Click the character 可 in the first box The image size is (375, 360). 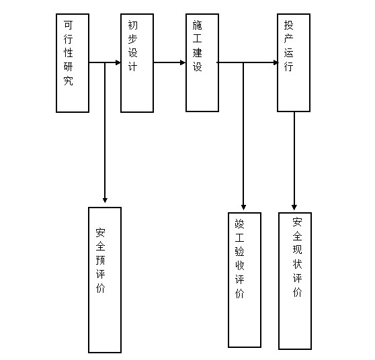[x=68, y=25]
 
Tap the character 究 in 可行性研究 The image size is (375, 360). [x=68, y=81]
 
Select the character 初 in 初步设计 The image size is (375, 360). [x=133, y=25]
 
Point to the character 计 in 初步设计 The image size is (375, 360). [x=133, y=66]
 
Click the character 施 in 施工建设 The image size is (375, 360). [x=198, y=25]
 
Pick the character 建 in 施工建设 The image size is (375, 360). [x=198, y=53]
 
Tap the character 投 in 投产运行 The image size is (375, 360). [x=289, y=25]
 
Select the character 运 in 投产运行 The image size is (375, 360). [x=289, y=53]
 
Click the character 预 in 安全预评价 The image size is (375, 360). [x=100, y=261]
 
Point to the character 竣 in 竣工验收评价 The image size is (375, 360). [x=240, y=224]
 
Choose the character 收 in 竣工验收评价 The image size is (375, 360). [x=240, y=265]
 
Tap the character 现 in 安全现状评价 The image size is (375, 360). [x=297, y=250]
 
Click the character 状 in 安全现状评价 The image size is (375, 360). [x=297, y=264]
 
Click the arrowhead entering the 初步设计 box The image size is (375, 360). [x=118, y=62]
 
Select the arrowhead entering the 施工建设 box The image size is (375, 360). [x=183, y=62]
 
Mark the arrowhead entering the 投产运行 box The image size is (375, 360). [x=276, y=62]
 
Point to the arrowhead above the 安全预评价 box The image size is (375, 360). [x=105, y=200]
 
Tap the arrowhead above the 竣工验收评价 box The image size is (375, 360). [x=243, y=208]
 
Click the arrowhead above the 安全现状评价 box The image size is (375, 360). [x=294, y=208]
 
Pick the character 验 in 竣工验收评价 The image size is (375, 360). [x=240, y=251]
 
